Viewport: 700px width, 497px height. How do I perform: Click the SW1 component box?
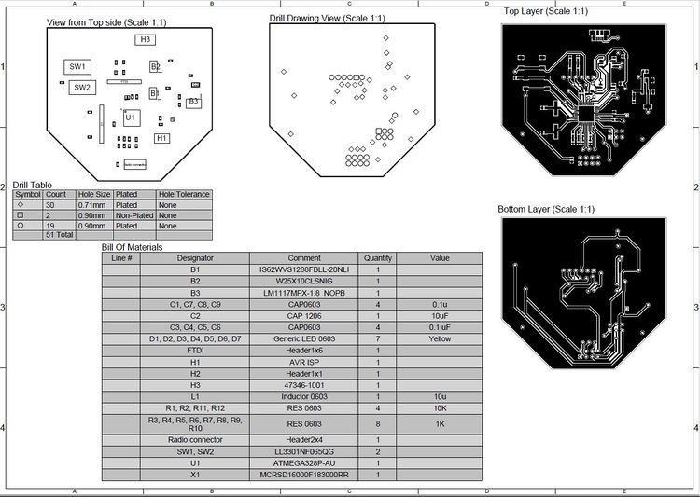click(x=77, y=67)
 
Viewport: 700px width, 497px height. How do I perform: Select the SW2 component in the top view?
click(x=81, y=88)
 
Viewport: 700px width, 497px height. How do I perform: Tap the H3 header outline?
click(x=145, y=40)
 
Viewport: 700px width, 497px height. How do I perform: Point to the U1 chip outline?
click(x=131, y=117)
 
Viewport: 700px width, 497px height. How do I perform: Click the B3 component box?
click(x=193, y=101)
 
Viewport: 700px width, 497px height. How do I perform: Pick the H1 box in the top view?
click(x=162, y=138)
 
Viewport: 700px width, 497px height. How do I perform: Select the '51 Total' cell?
click(x=60, y=236)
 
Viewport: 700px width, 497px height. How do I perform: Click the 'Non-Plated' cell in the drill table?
click(x=133, y=215)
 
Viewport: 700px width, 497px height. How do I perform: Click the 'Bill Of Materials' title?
click(x=132, y=247)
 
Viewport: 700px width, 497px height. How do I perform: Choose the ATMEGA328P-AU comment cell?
click(x=304, y=462)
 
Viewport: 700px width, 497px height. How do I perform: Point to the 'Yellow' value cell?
click(x=440, y=338)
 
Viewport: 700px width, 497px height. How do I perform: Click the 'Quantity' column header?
click(x=378, y=258)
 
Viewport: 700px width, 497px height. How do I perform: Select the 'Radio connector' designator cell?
click(x=196, y=439)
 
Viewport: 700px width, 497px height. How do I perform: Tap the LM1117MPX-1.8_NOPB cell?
click(x=304, y=293)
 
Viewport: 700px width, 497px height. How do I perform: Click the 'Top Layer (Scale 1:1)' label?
click(x=545, y=12)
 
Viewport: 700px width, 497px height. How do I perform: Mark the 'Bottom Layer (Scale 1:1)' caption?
click(x=546, y=209)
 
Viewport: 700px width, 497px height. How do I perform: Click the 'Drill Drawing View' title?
click(x=326, y=18)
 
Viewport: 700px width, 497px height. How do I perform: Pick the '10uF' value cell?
click(x=440, y=316)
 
